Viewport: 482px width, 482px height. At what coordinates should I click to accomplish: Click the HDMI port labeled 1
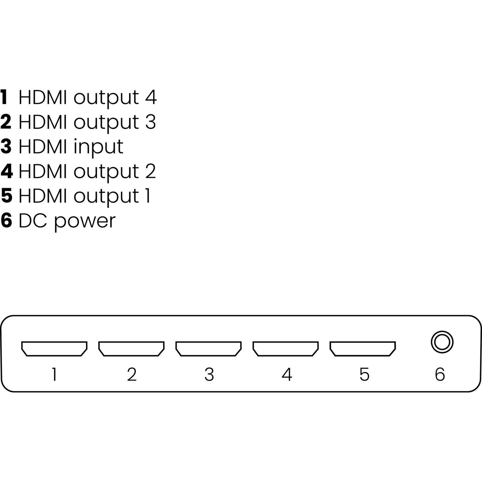[54, 349]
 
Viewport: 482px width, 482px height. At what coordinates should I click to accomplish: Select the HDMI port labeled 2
[131, 349]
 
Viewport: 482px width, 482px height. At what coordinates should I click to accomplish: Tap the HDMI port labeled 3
[208, 349]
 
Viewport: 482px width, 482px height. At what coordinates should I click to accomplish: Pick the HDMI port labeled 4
[286, 349]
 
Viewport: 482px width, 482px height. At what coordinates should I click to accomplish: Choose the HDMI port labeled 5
[363, 349]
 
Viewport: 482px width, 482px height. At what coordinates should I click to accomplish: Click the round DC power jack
[442, 342]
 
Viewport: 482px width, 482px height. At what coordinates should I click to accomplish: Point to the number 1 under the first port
[54, 374]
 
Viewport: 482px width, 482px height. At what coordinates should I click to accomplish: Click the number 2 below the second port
[132, 374]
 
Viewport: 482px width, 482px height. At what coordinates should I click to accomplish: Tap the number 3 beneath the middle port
[209, 374]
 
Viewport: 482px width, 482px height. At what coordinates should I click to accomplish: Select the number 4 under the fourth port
[287, 374]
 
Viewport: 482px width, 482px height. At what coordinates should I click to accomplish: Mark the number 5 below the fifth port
[364, 374]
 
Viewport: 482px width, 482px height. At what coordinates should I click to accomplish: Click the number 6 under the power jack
[440, 374]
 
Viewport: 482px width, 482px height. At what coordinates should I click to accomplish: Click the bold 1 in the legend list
[4, 97]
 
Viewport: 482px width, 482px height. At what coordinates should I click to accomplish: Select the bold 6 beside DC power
[6, 221]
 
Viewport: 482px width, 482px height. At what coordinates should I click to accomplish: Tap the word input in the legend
[98, 147]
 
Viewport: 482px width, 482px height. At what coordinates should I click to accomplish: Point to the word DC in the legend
[33, 221]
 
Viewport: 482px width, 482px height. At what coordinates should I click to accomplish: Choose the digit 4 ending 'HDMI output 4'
[151, 97]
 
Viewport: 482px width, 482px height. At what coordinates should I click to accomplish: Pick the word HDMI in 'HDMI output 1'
[43, 196]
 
